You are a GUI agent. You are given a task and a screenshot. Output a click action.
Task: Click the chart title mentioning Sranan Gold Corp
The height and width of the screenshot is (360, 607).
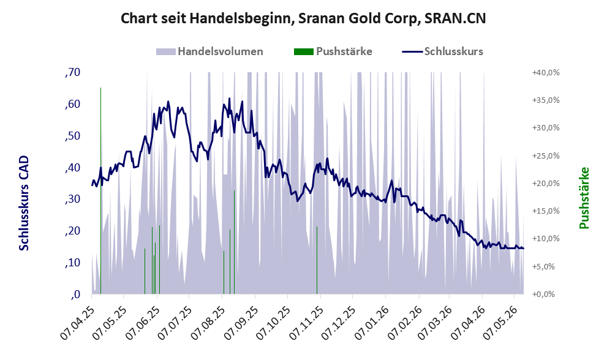[303, 18]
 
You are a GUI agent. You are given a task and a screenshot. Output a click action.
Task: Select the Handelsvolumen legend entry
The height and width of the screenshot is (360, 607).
[209, 51]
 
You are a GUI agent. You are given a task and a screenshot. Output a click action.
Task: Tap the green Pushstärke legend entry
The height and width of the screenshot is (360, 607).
[333, 51]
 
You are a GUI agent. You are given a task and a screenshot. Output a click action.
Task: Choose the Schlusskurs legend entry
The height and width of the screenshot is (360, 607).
[442, 51]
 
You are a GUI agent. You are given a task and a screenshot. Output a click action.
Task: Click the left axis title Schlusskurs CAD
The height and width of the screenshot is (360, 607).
[24, 203]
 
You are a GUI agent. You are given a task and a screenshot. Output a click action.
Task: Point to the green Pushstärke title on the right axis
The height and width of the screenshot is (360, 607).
[584, 198]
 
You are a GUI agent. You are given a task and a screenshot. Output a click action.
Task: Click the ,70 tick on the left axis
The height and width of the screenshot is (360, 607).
[73, 72]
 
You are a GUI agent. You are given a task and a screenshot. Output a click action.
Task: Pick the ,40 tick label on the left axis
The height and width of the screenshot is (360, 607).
[73, 167]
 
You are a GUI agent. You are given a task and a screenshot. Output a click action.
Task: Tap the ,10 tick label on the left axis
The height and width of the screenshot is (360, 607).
[73, 263]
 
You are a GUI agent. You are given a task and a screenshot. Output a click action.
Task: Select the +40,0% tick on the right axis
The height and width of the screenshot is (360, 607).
[546, 72]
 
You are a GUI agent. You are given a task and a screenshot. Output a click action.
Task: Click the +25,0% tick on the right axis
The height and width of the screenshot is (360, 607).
[546, 156]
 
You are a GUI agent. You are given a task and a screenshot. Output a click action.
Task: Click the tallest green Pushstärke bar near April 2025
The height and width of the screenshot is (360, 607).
[100, 191]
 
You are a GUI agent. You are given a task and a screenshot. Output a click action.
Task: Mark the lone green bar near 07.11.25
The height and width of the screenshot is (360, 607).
[317, 260]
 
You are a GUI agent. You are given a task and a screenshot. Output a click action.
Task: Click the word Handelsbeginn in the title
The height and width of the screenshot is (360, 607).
[240, 18]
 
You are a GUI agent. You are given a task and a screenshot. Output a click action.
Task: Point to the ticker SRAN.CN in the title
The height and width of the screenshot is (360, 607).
[455, 18]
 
